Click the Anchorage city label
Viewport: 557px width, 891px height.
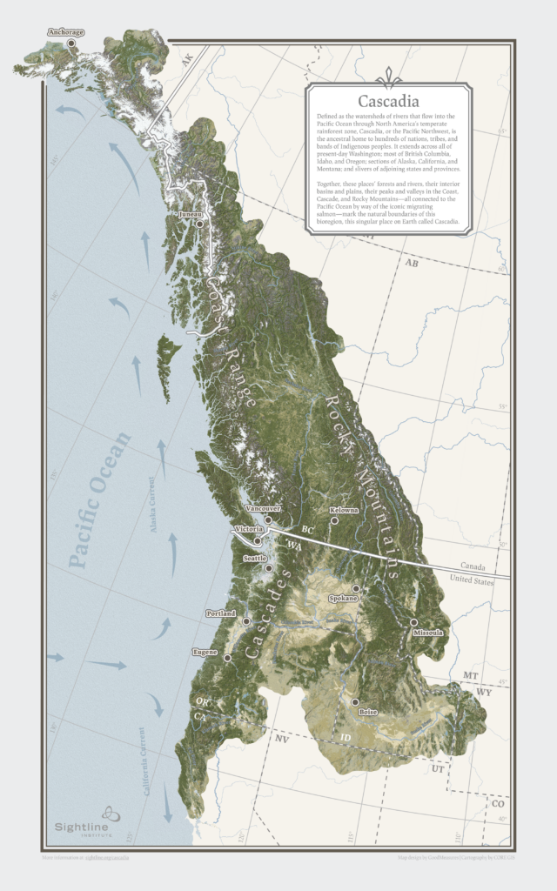tap(66, 33)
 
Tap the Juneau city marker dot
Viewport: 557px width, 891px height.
tap(199, 224)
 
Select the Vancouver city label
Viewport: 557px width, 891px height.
tap(265, 507)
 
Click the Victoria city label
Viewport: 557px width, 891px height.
tap(248, 529)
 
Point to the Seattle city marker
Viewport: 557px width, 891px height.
tap(268, 568)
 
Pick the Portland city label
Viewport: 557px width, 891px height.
tap(220, 613)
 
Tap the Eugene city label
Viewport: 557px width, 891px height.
tap(205, 651)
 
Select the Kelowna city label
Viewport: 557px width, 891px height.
tap(344, 510)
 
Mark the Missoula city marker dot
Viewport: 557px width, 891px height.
tap(413, 622)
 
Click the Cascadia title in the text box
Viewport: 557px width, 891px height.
tap(388, 102)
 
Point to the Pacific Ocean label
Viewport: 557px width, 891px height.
tap(98, 499)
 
